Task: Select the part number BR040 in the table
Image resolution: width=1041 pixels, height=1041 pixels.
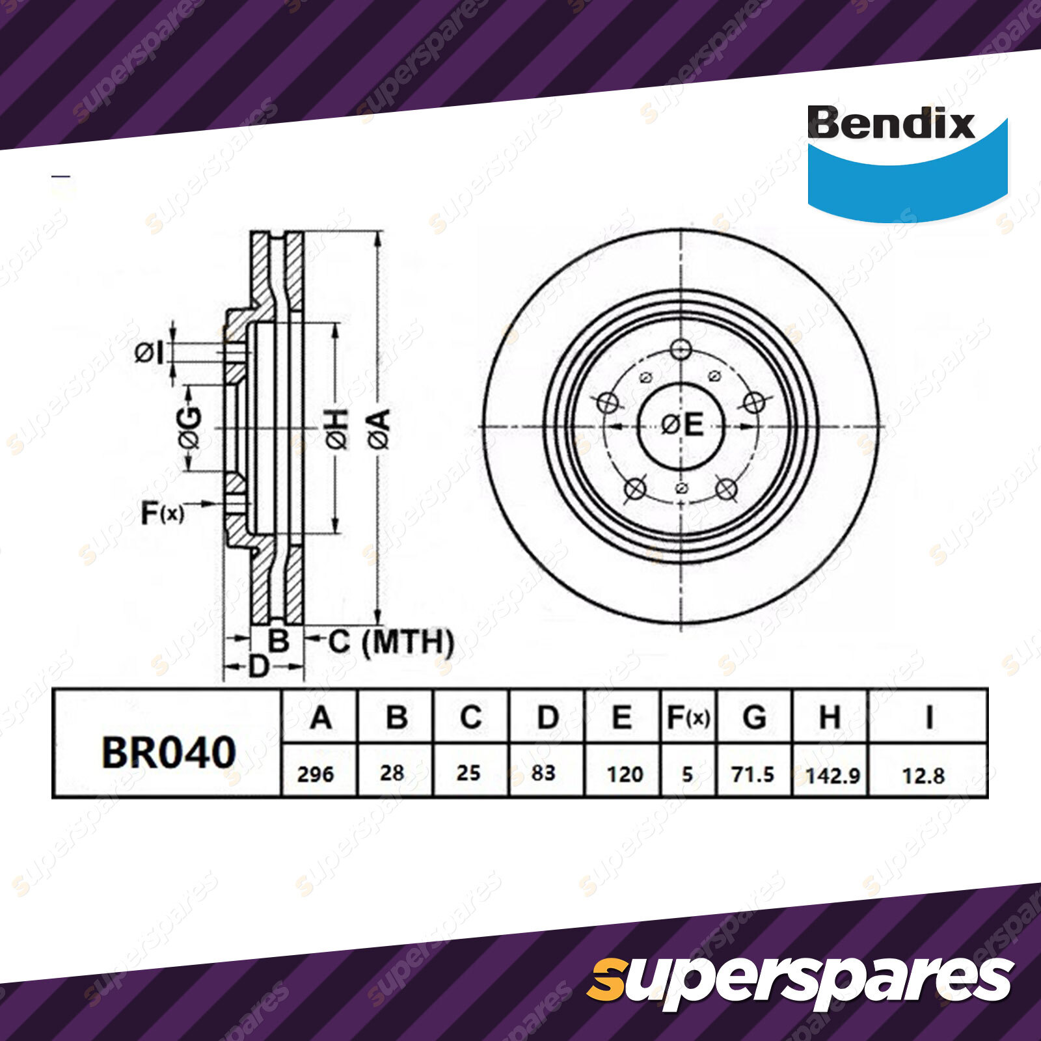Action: (x=169, y=752)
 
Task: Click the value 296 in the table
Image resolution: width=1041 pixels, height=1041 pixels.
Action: (x=316, y=774)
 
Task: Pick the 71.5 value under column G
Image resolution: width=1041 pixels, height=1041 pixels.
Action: (x=753, y=774)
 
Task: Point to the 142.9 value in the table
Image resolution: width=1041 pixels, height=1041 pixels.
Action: (x=833, y=776)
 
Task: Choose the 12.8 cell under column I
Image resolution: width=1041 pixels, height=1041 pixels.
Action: (x=923, y=776)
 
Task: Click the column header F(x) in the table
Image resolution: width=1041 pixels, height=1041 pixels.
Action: (x=688, y=718)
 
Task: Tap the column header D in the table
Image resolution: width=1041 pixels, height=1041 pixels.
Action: (x=548, y=718)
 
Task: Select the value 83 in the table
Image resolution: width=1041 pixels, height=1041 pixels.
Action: (x=543, y=773)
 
